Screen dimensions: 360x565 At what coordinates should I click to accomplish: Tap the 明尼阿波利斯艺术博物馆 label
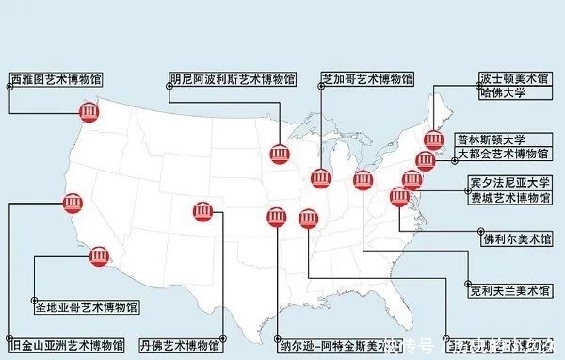232,79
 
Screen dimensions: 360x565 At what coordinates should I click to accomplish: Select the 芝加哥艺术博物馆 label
367,79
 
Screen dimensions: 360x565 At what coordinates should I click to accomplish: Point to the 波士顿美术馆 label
514,79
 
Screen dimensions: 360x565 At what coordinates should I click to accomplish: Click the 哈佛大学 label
503,93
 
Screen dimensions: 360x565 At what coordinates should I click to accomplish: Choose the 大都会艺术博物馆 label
505,154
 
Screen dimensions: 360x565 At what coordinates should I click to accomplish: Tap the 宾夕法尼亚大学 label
509,182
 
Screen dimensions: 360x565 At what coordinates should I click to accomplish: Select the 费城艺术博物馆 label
509,197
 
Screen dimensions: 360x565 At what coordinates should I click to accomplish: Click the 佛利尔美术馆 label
517,238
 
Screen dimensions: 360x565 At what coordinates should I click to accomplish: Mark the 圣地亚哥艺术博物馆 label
86,307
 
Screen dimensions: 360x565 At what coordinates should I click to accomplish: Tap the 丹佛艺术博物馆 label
179,344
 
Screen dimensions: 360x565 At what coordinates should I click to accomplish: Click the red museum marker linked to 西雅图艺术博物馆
89,114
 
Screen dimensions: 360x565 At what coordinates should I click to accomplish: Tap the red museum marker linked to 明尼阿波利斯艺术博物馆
280,155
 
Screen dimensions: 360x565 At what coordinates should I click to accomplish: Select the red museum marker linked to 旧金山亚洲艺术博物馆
72,204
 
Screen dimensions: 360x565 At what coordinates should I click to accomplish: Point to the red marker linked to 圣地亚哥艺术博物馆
98,256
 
